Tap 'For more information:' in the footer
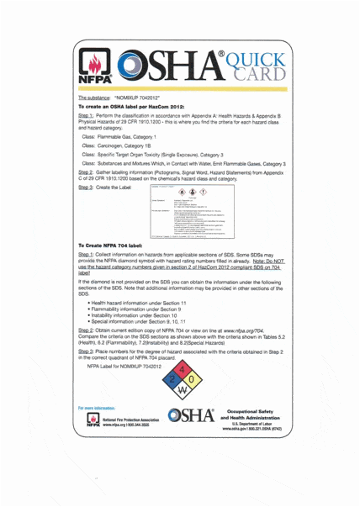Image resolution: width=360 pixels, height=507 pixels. [96, 406]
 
